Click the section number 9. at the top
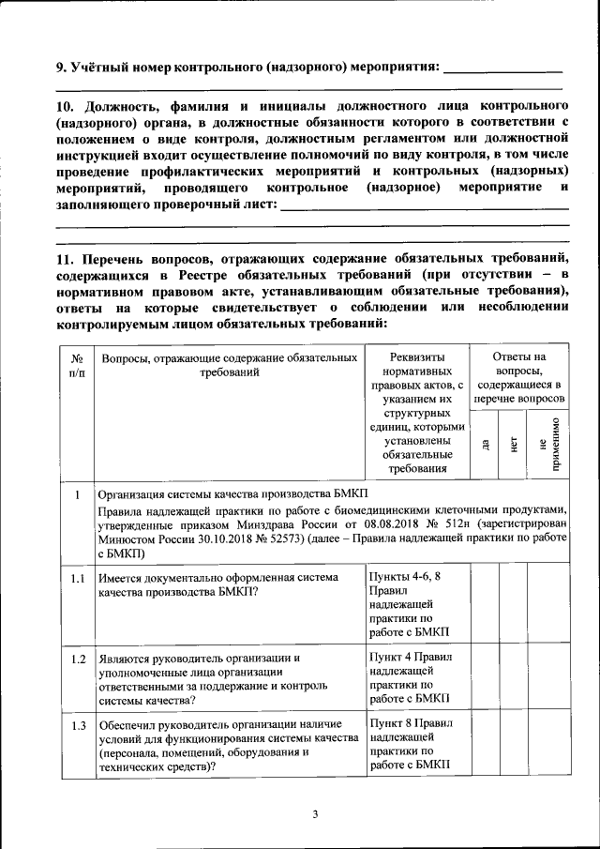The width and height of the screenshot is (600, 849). (x=62, y=67)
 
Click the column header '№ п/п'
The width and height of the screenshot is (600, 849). (x=77, y=366)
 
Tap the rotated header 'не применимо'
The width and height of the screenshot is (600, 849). (x=549, y=443)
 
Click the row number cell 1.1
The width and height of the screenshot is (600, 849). (x=78, y=579)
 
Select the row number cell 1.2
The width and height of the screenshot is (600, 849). (x=78, y=659)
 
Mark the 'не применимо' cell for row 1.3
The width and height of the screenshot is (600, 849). (x=549, y=748)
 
